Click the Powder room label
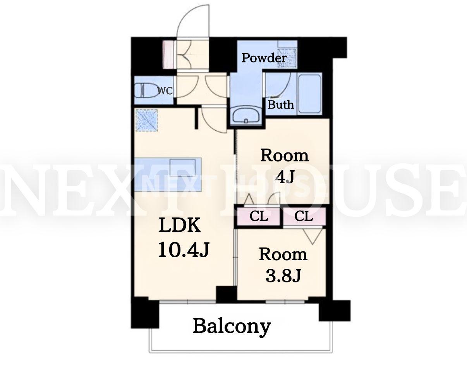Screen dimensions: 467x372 point(264,58)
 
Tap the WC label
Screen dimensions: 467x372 point(165,90)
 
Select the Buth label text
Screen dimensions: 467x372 point(281,105)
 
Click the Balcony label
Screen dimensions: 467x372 point(232,327)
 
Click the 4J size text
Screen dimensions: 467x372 point(285,177)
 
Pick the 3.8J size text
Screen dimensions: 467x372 point(283,276)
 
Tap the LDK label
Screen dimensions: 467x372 point(180,225)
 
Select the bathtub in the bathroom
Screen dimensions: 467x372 point(309,94)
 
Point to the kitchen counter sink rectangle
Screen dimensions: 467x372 point(182,170)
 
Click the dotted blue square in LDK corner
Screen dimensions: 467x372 point(146,121)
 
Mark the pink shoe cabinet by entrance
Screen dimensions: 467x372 point(168,55)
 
